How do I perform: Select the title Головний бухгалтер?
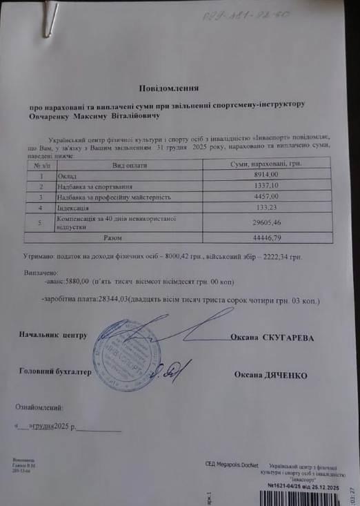tap(56, 371)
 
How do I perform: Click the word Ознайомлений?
tap(43, 407)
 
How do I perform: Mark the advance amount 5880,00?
tap(75, 282)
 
